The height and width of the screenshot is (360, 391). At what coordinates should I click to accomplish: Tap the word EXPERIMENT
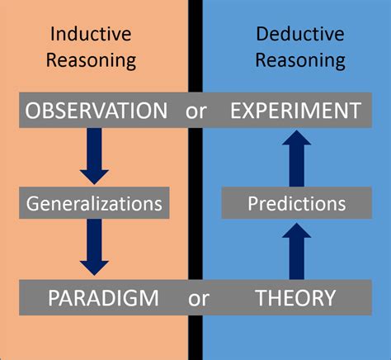[x=294, y=111]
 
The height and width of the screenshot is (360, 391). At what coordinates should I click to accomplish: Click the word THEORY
[x=294, y=297]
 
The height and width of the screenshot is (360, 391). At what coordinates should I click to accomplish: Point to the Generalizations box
[x=94, y=201]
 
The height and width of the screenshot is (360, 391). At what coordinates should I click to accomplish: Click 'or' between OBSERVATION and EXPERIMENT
[x=196, y=111]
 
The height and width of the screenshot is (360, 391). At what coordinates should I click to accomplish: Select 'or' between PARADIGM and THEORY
[x=198, y=298]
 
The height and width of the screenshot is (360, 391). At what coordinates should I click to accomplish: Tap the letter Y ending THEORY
[x=329, y=297]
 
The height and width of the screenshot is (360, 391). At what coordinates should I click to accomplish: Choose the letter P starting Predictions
[x=253, y=201]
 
